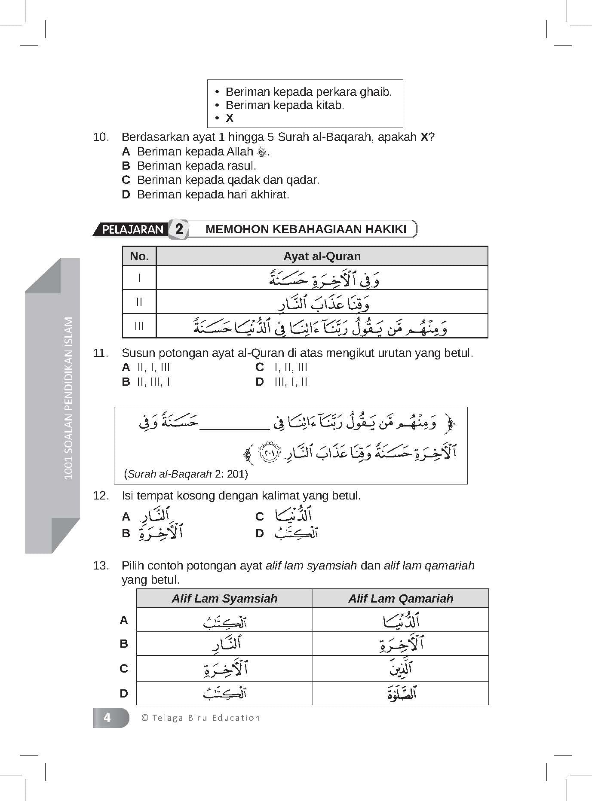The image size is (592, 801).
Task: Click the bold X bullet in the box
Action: point(230,119)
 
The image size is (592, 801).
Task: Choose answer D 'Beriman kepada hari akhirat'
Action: point(213,195)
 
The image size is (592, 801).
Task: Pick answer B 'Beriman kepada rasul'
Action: point(196,166)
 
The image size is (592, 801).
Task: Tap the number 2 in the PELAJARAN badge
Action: point(179,229)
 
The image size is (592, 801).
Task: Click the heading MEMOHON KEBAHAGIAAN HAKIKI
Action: point(306,229)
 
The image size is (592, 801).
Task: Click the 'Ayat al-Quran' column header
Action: point(322,256)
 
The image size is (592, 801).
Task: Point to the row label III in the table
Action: point(139,326)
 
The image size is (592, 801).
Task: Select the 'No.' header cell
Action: point(139,256)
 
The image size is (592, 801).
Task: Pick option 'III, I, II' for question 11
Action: point(291,382)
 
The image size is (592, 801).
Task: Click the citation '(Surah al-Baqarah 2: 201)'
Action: point(186,474)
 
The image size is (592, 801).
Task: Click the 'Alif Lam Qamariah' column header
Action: point(400,598)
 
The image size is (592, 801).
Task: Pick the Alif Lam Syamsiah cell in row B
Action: point(224,643)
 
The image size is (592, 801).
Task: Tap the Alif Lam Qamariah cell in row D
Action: point(400,693)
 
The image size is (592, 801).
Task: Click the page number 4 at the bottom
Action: point(107,718)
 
